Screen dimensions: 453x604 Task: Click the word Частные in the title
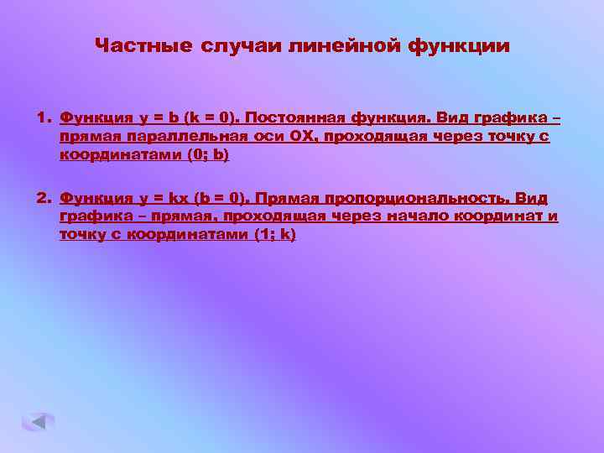pos(143,45)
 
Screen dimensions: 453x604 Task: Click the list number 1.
pos(42,117)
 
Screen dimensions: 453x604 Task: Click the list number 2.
pos(42,198)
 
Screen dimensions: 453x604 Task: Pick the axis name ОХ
pos(263,136)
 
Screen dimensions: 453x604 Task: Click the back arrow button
pos(38,421)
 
